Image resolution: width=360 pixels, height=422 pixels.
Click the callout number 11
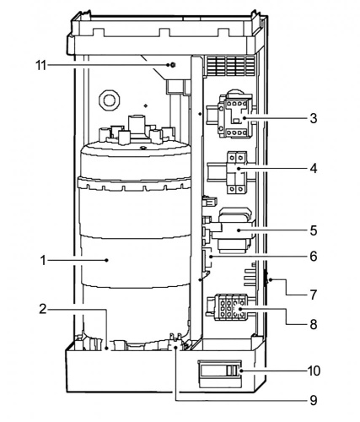pos(40,65)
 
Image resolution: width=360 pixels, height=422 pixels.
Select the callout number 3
pos(314,118)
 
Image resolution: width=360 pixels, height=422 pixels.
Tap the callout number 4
pos(314,168)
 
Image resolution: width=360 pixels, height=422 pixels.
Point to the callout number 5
pos(314,230)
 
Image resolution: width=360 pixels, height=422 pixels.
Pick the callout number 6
pos(314,257)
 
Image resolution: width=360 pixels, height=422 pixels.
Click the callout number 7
pos(314,295)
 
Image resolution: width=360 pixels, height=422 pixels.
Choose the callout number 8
pos(314,324)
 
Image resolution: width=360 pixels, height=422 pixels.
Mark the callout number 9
pos(314,400)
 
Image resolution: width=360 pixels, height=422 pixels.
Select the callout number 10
pos(314,371)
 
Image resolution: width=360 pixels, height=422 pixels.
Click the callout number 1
pos(43,261)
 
